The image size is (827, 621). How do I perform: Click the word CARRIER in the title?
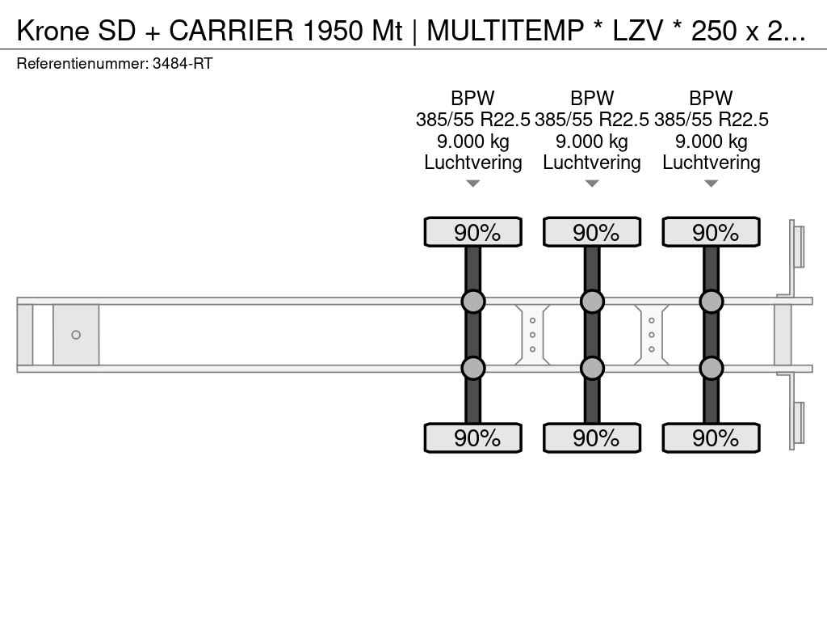tap(230, 31)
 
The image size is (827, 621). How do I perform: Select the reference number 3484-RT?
tap(183, 64)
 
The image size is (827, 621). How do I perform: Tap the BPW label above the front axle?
tap(472, 98)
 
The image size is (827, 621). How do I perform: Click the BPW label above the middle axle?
tap(592, 98)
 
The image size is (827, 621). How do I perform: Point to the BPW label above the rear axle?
tap(711, 98)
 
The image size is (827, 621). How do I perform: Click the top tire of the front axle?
tap(473, 232)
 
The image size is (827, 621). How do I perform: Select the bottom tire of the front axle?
tap(473, 437)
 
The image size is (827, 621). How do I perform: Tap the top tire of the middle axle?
tap(592, 232)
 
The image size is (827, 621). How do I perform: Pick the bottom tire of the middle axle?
tap(592, 437)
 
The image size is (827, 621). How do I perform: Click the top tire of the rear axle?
tap(711, 232)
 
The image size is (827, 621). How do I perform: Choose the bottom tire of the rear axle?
tap(711, 437)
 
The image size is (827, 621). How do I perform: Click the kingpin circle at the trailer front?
tap(76, 335)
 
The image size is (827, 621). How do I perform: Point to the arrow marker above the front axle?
tap(473, 184)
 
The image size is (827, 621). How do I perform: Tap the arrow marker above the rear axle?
tap(711, 184)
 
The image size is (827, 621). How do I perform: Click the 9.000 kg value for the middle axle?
tap(592, 142)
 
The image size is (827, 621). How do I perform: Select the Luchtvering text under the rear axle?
tap(711, 163)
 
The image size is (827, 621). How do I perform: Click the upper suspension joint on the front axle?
tap(473, 302)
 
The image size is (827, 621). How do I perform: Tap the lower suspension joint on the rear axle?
tap(711, 368)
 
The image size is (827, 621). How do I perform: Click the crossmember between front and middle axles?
tap(532, 335)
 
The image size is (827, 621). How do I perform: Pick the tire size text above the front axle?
tap(472, 120)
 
